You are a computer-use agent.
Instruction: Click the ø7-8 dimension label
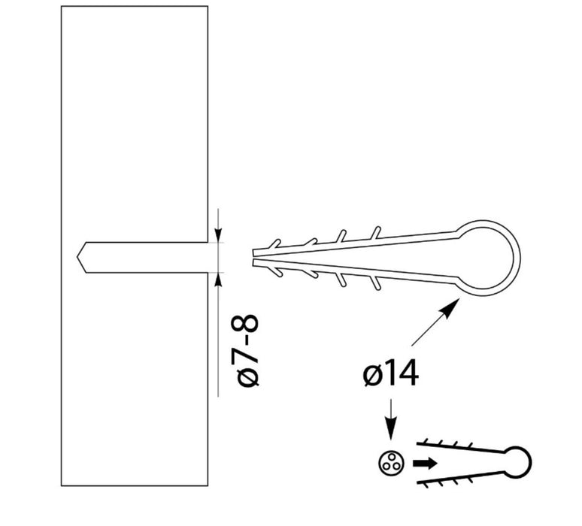(244, 351)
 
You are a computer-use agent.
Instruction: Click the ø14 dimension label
(391, 373)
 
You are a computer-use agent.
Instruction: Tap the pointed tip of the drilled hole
(77, 257)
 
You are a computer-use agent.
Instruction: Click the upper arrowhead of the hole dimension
(218, 234)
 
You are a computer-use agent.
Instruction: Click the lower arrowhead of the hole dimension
(218, 281)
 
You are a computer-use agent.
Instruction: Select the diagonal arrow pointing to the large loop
(435, 322)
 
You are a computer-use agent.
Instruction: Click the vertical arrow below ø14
(390, 419)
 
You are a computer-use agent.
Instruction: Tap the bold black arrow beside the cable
(426, 464)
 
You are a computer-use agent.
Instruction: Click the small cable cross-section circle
(391, 463)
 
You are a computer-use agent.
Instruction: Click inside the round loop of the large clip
(487, 258)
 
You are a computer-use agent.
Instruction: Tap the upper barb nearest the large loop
(376, 233)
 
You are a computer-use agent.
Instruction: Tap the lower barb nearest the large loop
(376, 283)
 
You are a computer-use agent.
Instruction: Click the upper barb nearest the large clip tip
(274, 243)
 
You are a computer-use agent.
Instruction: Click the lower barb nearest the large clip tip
(276, 271)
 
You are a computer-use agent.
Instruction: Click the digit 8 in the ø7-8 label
(244, 323)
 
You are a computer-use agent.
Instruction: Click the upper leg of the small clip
(460, 447)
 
